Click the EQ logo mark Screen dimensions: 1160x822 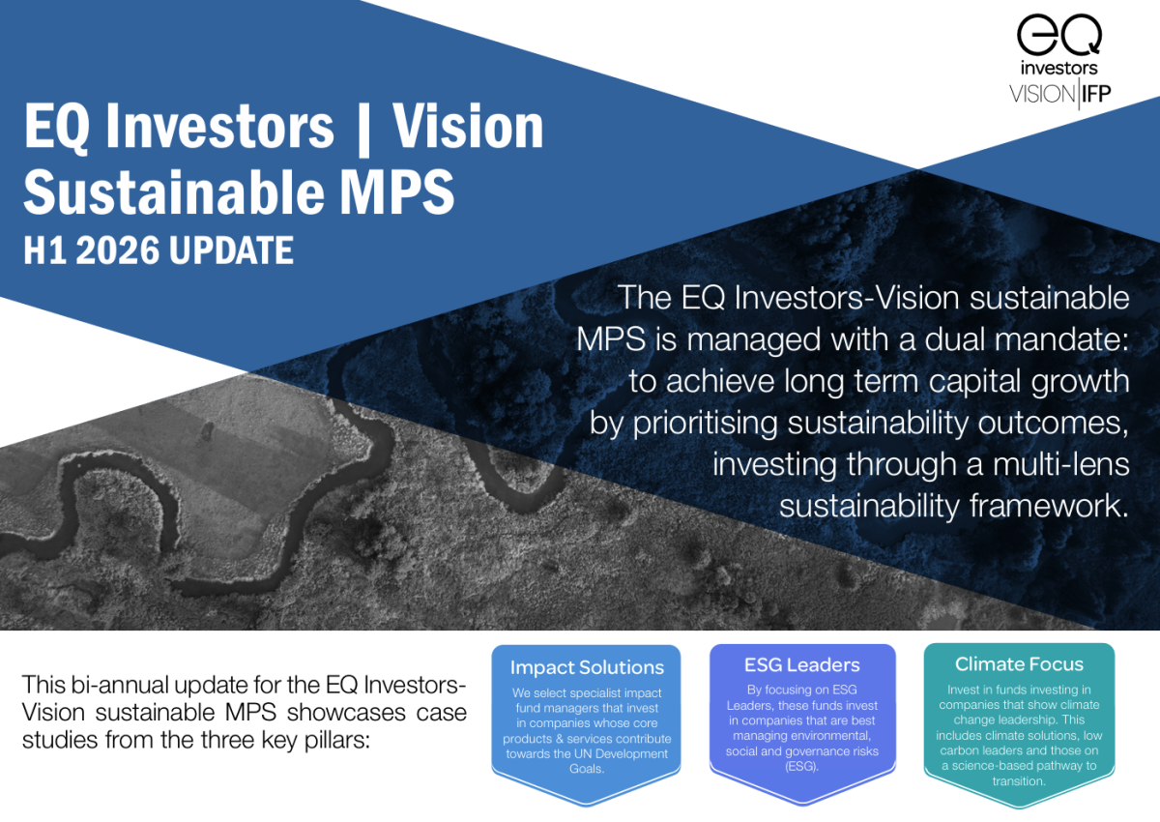(x=1059, y=35)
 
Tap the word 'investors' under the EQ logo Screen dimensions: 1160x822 (x=1059, y=68)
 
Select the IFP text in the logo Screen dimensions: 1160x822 (x=1096, y=94)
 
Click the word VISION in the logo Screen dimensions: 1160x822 (x=1042, y=94)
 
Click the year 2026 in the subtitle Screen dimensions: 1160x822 (x=118, y=250)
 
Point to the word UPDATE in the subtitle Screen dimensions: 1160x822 (x=231, y=250)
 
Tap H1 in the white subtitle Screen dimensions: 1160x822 (x=45, y=250)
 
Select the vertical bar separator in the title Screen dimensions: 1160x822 (x=363, y=128)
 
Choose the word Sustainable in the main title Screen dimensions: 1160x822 (x=174, y=191)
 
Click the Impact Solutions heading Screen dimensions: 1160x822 (x=587, y=667)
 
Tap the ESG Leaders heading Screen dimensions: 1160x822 (x=801, y=664)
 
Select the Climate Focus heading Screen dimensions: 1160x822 (x=1019, y=663)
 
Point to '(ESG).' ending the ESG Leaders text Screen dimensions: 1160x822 (x=801, y=766)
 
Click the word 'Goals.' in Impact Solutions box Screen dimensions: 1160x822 (x=586, y=769)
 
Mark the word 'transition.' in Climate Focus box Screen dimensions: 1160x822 (x=1019, y=780)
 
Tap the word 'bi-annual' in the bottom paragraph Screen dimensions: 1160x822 (x=119, y=685)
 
